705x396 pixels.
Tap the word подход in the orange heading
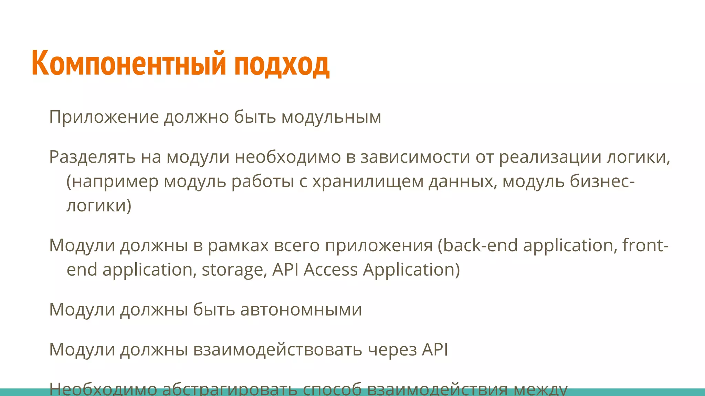[282, 65]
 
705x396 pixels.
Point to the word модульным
[331, 118]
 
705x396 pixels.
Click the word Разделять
[92, 157]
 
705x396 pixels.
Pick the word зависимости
[415, 157]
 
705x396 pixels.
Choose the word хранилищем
[368, 181]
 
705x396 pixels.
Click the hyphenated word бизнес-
[602, 181]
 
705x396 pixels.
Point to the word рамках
[238, 245]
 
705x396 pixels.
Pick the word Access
[330, 269]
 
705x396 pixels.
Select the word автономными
[301, 309]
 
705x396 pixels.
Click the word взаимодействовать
[277, 350]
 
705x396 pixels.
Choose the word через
[392, 350]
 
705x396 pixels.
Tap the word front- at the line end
[645, 245]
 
